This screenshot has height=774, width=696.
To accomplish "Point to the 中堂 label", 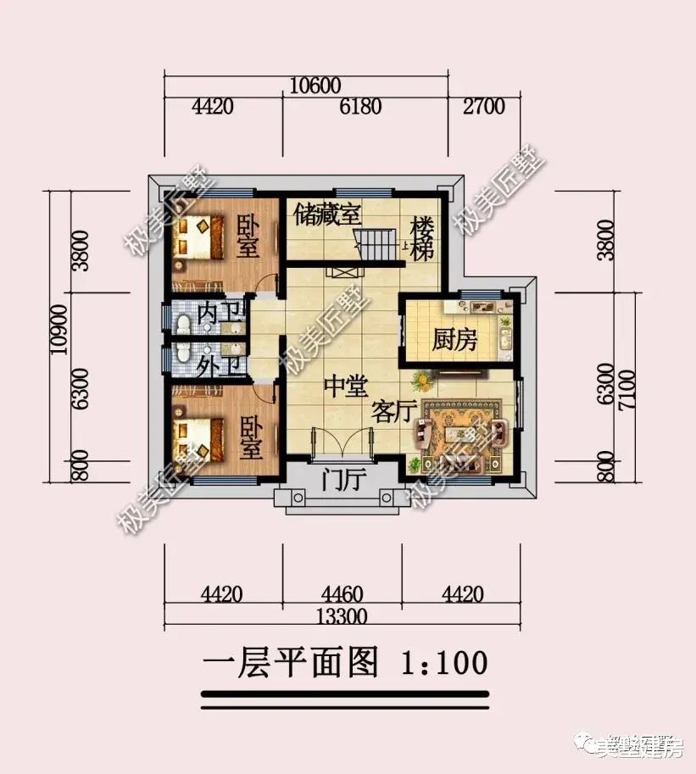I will [x=345, y=387].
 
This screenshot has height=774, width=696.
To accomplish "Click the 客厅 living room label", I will [x=393, y=413].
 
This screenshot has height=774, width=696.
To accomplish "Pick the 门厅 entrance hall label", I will [x=344, y=482].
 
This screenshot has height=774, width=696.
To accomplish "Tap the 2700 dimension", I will [x=483, y=108].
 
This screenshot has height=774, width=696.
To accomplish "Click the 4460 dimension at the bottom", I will [x=343, y=593].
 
